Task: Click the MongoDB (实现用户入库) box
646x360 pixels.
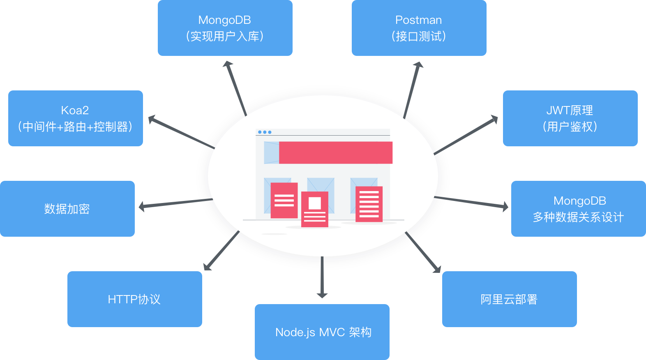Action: click(225, 28)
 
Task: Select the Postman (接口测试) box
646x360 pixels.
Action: click(419, 28)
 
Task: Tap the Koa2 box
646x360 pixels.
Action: click(75, 118)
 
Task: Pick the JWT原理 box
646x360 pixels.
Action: click(570, 118)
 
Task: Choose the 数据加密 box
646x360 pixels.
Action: click(67, 209)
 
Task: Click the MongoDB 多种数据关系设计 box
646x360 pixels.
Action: click(578, 209)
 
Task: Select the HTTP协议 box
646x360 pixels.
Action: click(134, 299)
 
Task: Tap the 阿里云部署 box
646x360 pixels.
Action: click(509, 299)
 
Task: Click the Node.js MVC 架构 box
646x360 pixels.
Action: click(322, 332)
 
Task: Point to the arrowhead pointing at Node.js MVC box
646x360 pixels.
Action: click(322, 295)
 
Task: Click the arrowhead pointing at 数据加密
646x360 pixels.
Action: click(142, 206)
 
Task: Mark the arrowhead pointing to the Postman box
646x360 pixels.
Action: click(418, 65)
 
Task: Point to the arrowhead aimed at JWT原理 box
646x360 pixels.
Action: click(494, 119)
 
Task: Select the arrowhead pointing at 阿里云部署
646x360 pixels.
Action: click(437, 269)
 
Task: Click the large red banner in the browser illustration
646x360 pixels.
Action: click(335, 152)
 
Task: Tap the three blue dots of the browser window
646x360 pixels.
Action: click(265, 132)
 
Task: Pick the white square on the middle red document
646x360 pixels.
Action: click(315, 203)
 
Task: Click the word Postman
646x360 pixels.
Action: click(418, 20)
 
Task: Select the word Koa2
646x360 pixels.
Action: click(75, 110)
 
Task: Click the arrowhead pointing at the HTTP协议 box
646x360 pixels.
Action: click(207, 267)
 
